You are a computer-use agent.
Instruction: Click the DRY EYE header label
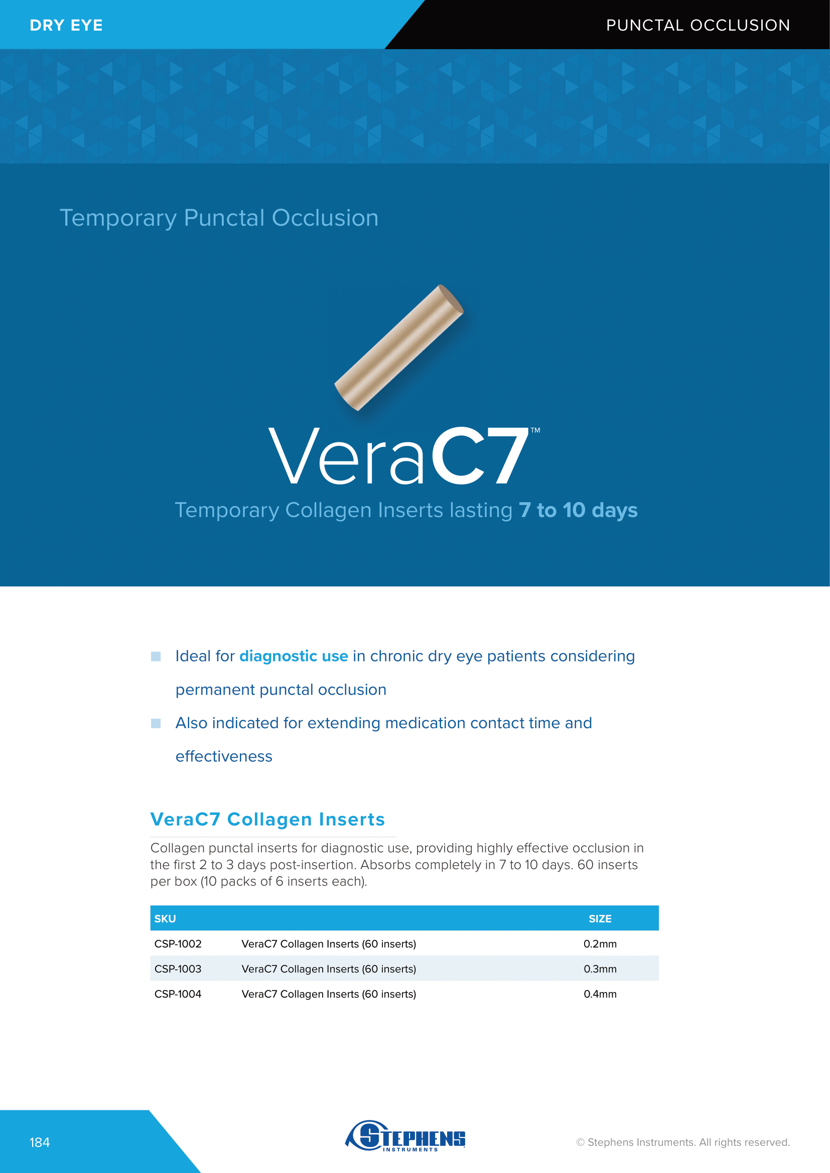click(66, 25)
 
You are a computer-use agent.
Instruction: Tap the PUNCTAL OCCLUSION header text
click(698, 25)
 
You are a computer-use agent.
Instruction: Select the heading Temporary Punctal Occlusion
click(219, 218)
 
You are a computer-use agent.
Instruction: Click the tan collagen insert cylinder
click(399, 348)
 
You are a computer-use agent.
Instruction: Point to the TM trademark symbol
click(535, 430)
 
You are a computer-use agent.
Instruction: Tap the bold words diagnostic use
click(294, 656)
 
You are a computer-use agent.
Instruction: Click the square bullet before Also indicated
click(156, 723)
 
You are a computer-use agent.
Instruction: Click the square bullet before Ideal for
click(156, 656)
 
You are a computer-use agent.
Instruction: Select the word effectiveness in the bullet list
click(224, 756)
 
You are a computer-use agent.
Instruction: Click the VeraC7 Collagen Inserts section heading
click(267, 819)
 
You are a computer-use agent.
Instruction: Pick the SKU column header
click(165, 919)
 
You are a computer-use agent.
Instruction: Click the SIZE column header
click(600, 919)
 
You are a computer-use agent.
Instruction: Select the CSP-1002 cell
click(178, 944)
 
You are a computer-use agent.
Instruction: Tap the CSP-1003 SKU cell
click(178, 969)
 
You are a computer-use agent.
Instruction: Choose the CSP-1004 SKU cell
click(178, 993)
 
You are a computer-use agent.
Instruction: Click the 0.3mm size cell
click(600, 969)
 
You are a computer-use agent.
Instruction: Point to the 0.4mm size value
click(600, 993)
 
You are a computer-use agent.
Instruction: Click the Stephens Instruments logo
click(405, 1136)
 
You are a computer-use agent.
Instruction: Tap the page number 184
click(40, 1142)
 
